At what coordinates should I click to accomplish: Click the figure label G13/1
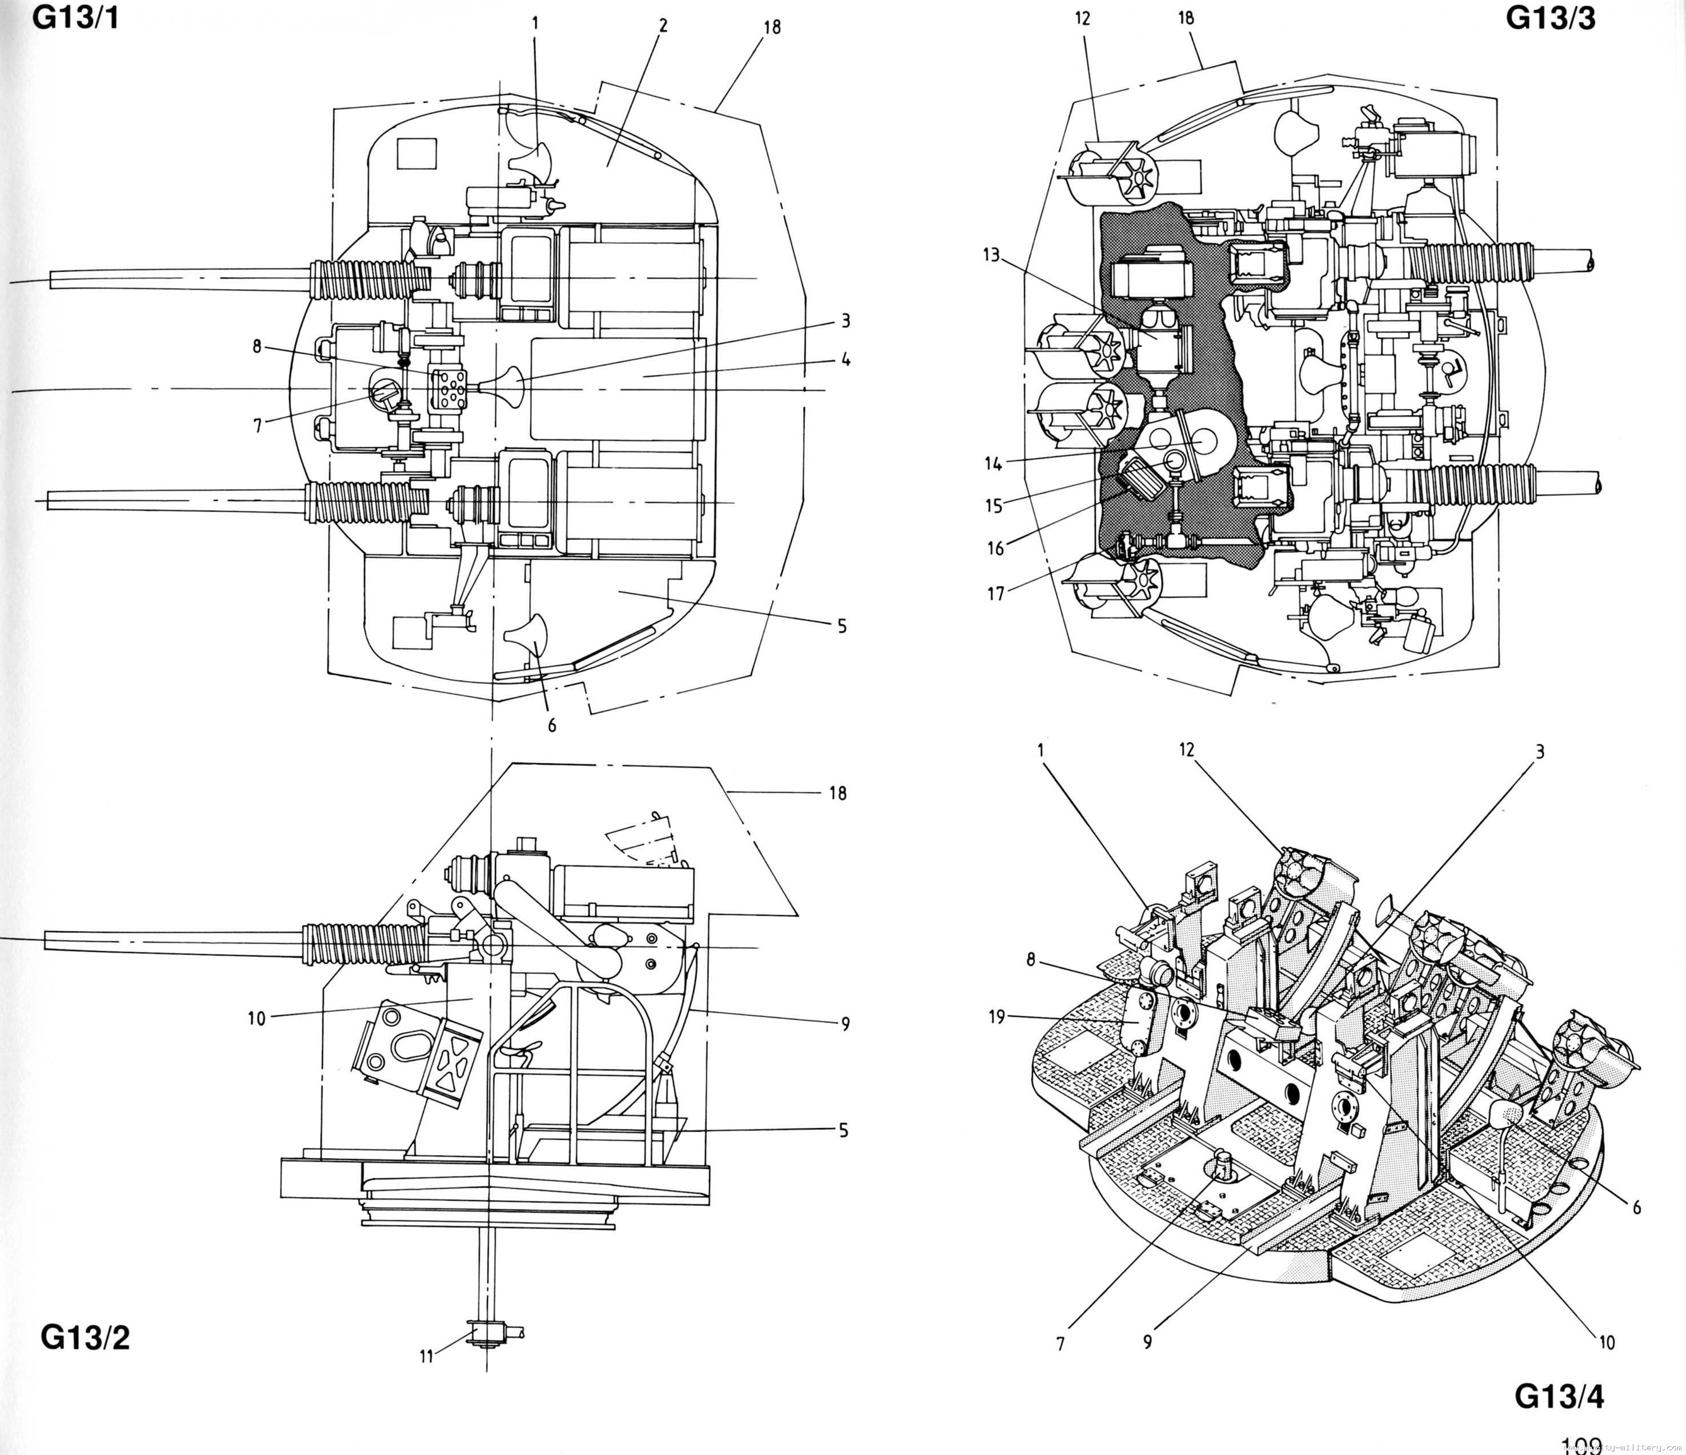[x=75, y=18]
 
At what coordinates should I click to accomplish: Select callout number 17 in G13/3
[x=996, y=594]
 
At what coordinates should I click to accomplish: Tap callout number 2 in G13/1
[x=663, y=25]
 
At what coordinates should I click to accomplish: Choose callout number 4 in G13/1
[x=846, y=359]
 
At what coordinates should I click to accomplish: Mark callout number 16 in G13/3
[x=996, y=548]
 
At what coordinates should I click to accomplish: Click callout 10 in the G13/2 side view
[x=257, y=1018]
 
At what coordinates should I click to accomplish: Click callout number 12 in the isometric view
[x=1187, y=749]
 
